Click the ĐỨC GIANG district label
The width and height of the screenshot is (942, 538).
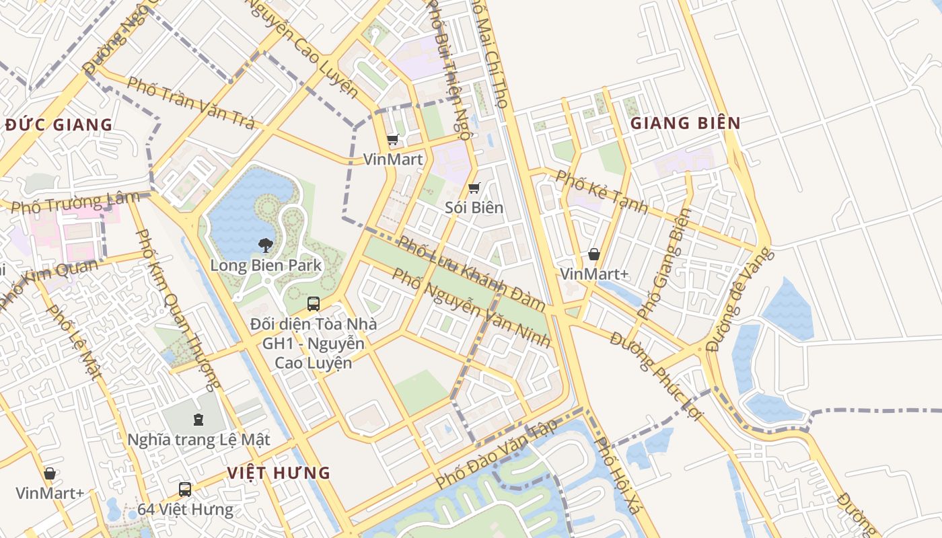click(x=58, y=124)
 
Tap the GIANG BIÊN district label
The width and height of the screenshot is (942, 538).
click(x=685, y=123)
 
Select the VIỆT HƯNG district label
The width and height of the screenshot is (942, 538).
click(x=279, y=473)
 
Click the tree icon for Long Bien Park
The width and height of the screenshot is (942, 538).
click(x=266, y=245)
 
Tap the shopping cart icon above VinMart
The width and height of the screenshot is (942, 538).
click(x=393, y=140)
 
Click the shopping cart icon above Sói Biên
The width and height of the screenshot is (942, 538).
click(x=474, y=188)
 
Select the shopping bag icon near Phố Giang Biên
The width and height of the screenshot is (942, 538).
click(x=594, y=254)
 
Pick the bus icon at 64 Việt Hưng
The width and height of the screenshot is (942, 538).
click(x=185, y=489)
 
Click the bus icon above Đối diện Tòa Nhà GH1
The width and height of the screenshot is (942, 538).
click(x=313, y=303)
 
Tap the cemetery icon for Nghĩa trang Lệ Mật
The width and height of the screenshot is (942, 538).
click(x=198, y=420)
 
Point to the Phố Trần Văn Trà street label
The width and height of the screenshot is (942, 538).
click(x=191, y=104)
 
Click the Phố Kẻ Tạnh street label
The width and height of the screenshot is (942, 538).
click(x=602, y=192)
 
